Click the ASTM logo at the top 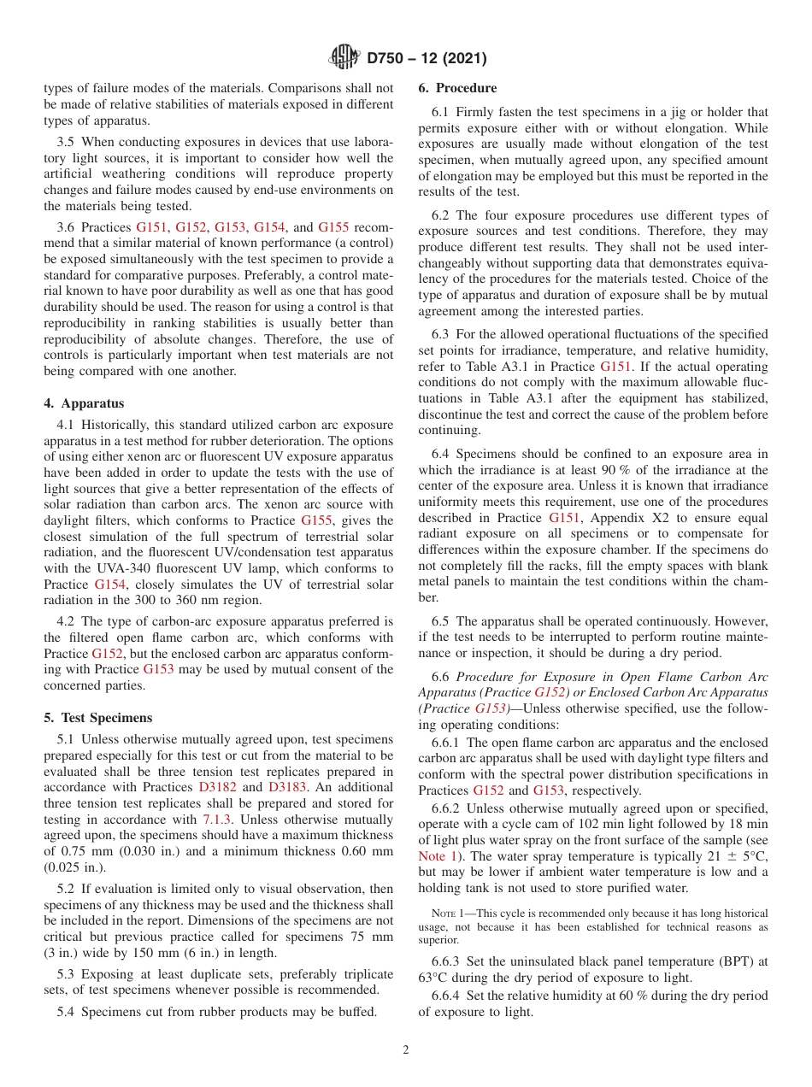[344, 58]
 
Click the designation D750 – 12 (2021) [427, 59]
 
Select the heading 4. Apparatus [84, 403]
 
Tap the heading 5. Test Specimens [98, 718]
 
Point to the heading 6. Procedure [457, 88]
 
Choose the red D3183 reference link [287, 787]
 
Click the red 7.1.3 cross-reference [216, 819]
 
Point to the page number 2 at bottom [406, 1050]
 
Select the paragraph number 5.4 [68, 1012]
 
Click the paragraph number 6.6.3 [450, 962]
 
